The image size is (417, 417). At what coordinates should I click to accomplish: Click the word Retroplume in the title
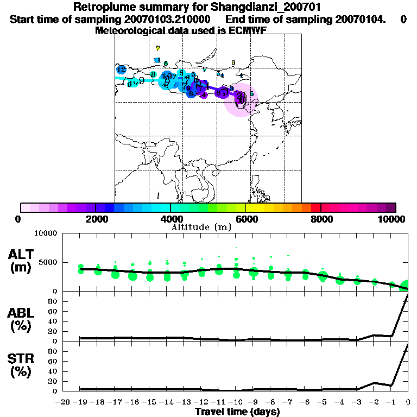click(x=101, y=7)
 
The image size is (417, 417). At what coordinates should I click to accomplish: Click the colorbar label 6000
click(x=245, y=219)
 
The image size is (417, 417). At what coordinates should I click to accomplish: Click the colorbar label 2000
click(x=96, y=219)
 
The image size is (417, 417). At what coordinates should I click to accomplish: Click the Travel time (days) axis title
click(x=237, y=412)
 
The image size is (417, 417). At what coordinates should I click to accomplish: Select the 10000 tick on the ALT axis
click(x=45, y=233)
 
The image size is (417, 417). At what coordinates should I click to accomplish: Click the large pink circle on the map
click(x=241, y=100)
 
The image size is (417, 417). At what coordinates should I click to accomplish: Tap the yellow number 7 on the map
click(x=157, y=48)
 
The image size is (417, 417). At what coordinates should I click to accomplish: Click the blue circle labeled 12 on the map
click(x=121, y=70)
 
